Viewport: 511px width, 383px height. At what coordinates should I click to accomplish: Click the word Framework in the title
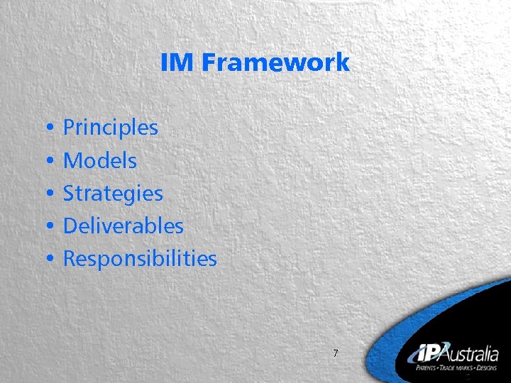275,62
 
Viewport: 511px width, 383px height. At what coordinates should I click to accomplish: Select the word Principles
111,128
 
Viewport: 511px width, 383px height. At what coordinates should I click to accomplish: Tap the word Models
100,161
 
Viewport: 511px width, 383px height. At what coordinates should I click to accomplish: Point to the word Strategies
113,194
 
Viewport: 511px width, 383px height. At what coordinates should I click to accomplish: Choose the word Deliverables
123,226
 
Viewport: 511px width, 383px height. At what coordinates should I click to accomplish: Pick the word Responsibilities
140,259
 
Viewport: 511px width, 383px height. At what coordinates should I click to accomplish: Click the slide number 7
336,354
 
